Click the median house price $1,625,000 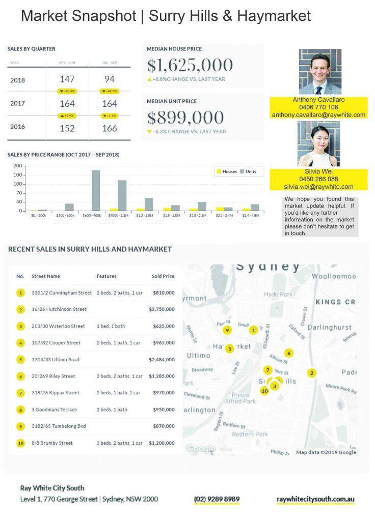click(x=190, y=65)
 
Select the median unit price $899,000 click(x=185, y=118)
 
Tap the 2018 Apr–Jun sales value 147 click(x=67, y=79)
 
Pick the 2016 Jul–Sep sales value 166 click(x=109, y=128)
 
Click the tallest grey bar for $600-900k click(x=96, y=190)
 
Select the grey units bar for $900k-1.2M click(x=122, y=195)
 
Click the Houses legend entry click(x=226, y=171)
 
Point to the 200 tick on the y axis click(x=18, y=166)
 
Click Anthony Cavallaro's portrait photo click(x=320, y=72)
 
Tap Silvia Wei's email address click(x=318, y=187)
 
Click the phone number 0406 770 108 click(x=318, y=107)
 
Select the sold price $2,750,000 click(x=162, y=309)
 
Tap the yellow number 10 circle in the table click(x=20, y=443)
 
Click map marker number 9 click(x=227, y=330)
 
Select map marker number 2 click(x=312, y=373)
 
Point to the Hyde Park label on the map click(x=278, y=295)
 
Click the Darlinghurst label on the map click(x=330, y=327)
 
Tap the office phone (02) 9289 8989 click(x=217, y=499)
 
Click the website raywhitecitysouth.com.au click(x=315, y=499)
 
